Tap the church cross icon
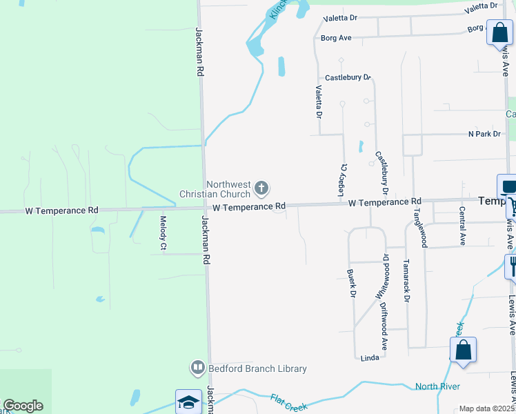[261, 188]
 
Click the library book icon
[198, 367]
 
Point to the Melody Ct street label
[163, 233]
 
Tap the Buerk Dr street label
[351, 284]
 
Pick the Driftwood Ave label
[384, 330]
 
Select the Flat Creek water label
[289, 403]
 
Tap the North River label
[437, 386]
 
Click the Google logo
[23, 406]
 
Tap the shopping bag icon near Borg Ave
[497, 32]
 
